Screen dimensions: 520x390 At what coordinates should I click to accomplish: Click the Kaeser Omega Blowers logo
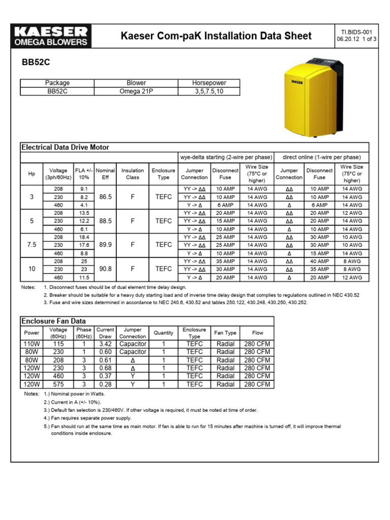click(x=50, y=36)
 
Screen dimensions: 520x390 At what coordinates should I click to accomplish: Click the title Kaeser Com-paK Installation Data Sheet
click(x=216, y=36)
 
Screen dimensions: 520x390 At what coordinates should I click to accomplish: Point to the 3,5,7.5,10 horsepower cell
click(x=209, y=91)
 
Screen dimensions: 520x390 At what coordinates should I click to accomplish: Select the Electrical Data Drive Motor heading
click(x=65, y=147)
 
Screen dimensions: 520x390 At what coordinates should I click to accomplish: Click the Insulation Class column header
click(x=133, y=174)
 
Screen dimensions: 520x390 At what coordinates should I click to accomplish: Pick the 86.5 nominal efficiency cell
click(x=106, y=197)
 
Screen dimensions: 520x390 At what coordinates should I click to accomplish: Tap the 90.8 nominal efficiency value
click(x=106, y=269)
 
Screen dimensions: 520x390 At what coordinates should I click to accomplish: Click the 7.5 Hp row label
click(x=32, y=245)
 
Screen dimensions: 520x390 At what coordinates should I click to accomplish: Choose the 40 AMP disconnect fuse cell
click(x=319, y=262)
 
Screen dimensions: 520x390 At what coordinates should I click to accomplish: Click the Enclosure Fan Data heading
click(x=53, y=321)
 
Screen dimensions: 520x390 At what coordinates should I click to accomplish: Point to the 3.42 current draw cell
click(x=105, y=344)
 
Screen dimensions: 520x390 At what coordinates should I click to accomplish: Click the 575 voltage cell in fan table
click(x=58, y=384)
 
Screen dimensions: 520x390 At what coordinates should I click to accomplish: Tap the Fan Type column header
click(x=225, y=333)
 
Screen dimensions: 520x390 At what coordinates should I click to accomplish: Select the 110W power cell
click(x=31, y=344)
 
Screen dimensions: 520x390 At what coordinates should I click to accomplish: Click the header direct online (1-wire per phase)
click(x=321, y=157)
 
